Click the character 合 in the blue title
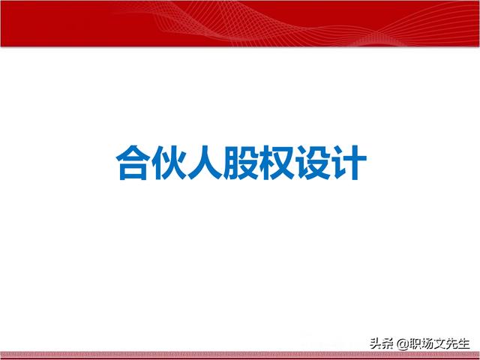133,163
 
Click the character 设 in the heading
313,163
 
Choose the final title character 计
349,163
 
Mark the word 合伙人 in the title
169,163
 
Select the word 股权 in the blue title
259,163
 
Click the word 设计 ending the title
331,163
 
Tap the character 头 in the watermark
376,343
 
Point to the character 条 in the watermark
387,343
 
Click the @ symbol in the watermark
402,344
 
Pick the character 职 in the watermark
415,343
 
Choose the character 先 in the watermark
451,343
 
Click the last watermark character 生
463,343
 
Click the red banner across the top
240,23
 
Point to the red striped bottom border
240,355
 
